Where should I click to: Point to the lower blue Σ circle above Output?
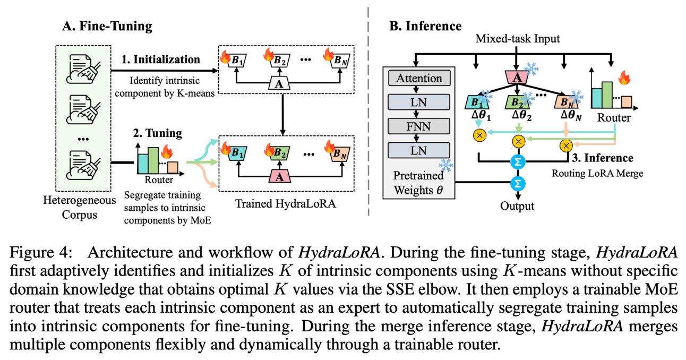pyautogui.click(x=517, y=184)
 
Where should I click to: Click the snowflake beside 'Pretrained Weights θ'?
pyautogui.click(x=445, y=165)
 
